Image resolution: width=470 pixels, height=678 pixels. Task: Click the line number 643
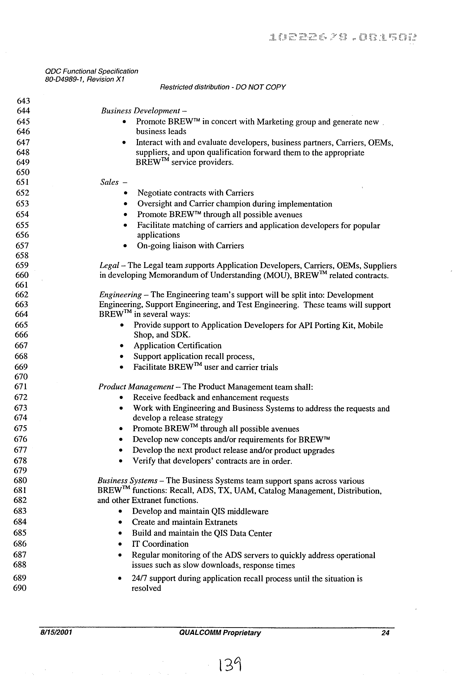(x=23, y=101)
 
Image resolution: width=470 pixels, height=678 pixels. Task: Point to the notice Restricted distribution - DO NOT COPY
(x=222, y=87)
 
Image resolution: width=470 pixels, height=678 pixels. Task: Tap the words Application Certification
(x=177, y=345)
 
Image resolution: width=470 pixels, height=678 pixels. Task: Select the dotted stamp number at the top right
(x=343, y=37)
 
